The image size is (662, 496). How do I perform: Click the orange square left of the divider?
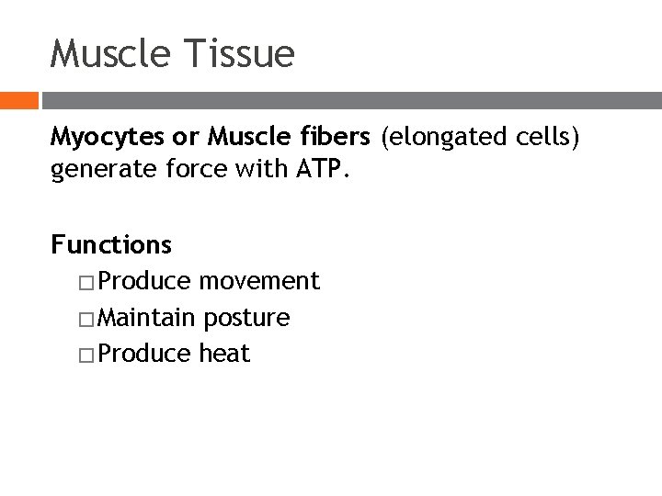pyautogui.click(x=18, y=100)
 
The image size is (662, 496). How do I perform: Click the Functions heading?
pyautogui.click(x=111, y=244)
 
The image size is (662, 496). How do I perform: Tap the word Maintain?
pyautogui.click(x=146, y=318)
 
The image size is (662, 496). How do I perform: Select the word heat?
pyautogui.click(x=224, y=354)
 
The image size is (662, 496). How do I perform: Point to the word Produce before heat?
pyautogui.click(x=145, y=354)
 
